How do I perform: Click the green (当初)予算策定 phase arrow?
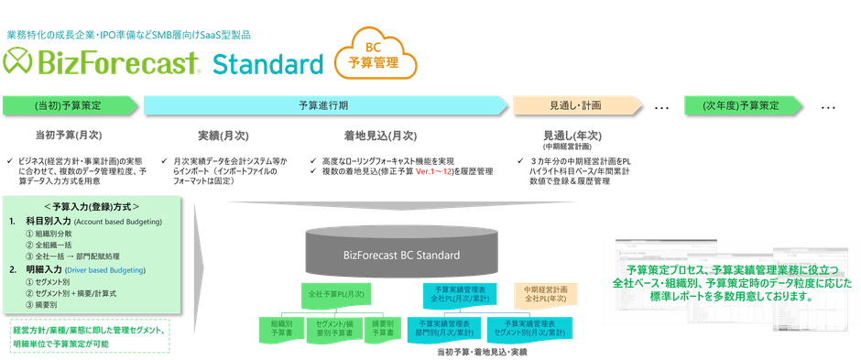click(x=69, y=105)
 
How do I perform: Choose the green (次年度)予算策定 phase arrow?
click(x=741, y=105)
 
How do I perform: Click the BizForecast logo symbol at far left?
click(x=19, y=62)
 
